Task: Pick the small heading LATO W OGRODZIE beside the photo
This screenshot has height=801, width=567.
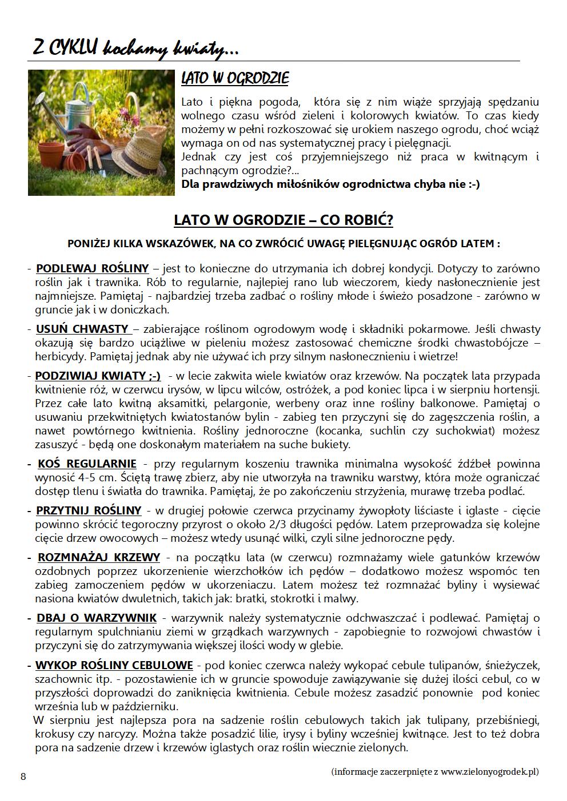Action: tap(235, 78)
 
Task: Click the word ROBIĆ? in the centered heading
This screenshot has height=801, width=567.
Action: tap(365, 220)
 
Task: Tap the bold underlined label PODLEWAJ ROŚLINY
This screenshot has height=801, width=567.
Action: tap(92, 268)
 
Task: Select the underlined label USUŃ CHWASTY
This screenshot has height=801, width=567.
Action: tap(82, 329)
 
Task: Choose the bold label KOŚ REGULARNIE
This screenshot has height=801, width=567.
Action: tap(87, 464)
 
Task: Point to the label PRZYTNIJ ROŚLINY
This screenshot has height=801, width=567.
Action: tap(89, 510)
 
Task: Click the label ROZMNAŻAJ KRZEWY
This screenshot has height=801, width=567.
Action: tap(99, 557)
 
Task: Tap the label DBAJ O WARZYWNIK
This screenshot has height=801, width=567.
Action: tap(97, 618)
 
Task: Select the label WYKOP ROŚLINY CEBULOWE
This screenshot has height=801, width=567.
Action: tap(114, 665)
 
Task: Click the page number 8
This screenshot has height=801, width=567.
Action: tap(23, 776)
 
